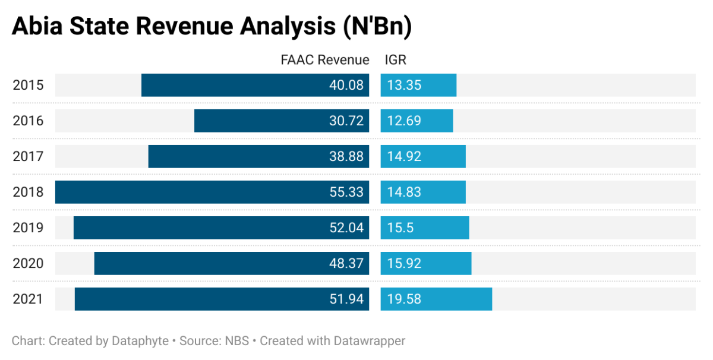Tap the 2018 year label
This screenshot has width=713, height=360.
28,192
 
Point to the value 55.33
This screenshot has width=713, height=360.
346,192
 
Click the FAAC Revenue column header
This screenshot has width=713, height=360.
324,60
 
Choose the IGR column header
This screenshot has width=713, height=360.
396,60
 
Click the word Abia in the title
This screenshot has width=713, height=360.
37,27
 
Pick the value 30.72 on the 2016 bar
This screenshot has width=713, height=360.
346,121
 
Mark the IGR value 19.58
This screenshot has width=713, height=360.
404,299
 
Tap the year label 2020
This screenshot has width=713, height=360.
28,263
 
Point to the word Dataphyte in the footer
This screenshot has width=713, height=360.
139,341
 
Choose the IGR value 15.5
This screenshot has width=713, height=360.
400,228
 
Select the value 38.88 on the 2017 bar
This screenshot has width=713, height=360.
346,156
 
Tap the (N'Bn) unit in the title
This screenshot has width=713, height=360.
378,27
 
